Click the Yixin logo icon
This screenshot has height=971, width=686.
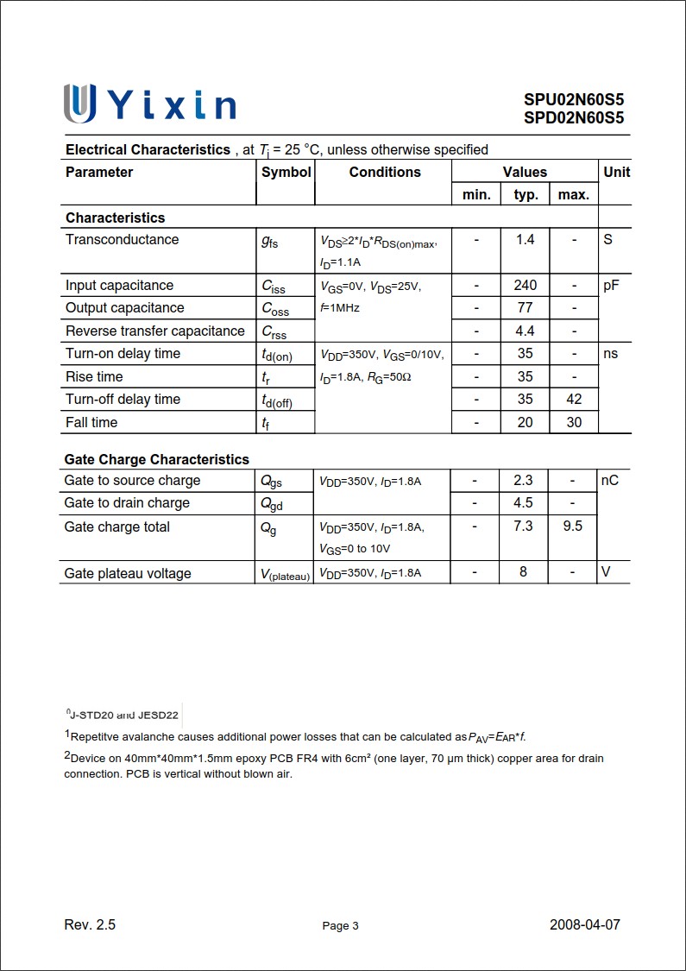tap(79, 104)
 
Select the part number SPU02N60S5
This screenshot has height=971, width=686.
tap(573, 99)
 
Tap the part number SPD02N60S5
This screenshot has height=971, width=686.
tap(573, 118)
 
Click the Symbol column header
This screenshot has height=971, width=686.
tap(286, 172)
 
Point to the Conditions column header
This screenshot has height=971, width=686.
tap(385, 172)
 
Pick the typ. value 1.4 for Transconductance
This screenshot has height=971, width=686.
tap(526, 239)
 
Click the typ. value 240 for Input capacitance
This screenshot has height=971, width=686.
tap(526, 285)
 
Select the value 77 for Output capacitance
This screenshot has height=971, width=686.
tap(526, 307)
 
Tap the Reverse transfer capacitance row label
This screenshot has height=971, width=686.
tap(155, 331)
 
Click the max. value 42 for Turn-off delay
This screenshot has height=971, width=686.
tap(574, 399)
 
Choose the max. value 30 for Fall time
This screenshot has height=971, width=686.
tap(574, 422)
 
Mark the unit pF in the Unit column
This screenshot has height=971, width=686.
tap(612, 285)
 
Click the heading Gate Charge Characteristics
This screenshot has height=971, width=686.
tap(156, 459)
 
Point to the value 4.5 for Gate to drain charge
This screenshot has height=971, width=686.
tap(523, 502)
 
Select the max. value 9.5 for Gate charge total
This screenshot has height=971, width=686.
tap(572, 526)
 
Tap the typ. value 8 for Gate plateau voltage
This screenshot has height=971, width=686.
tap(523, 571)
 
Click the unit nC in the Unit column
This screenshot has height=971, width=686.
tap(610, 480)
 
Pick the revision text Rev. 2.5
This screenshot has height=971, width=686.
tap(90, 924)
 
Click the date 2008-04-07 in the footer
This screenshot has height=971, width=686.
tap(585, 924)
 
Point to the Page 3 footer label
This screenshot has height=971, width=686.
tap(340, 926)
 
